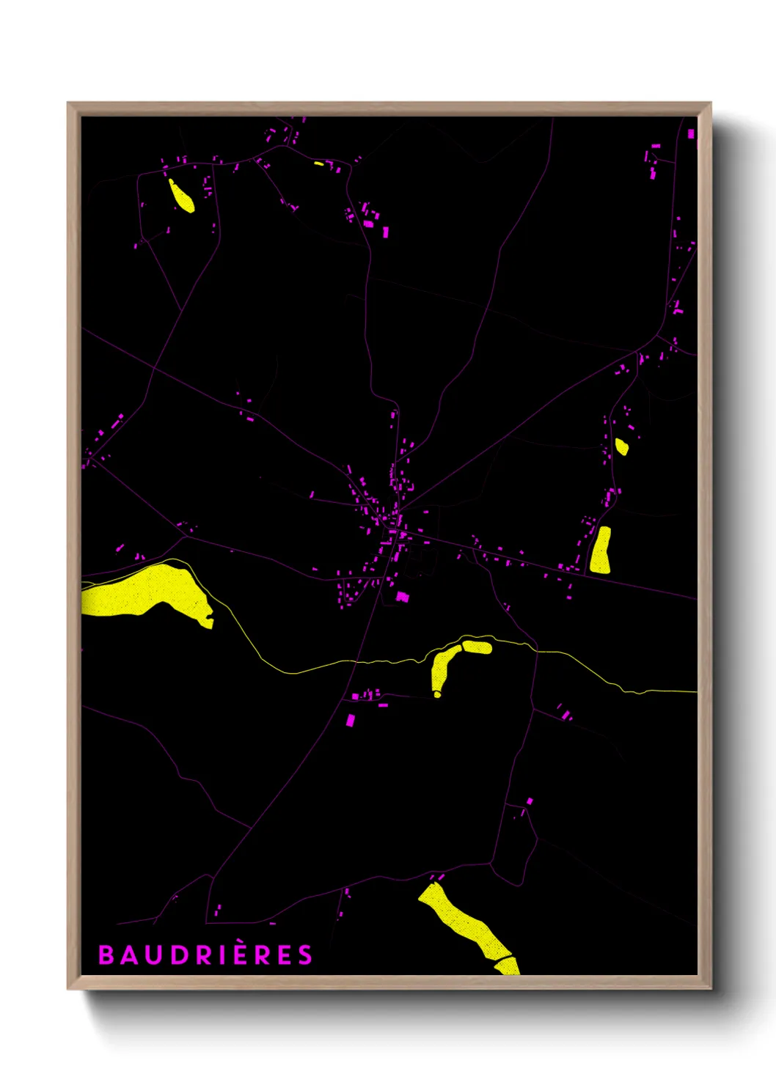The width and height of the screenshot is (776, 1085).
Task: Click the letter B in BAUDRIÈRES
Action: pyautogui.click(x=106, y=955)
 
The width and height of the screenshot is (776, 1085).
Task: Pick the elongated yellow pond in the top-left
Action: pyautogui.click(x=181, y=196)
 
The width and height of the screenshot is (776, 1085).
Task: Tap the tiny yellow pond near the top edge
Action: pyautogui.click(x=319, y=163)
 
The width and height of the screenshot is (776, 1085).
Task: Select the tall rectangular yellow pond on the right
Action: pyautogui.click(x=601, y=550)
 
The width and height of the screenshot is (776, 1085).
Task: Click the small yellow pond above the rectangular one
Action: pyautogui.click(x=621, y=446)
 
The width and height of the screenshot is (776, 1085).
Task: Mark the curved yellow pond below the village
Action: pyautogui.click(x=442, y=667)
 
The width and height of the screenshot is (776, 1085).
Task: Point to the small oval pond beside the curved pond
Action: pyautogui.click(x=477, y=647)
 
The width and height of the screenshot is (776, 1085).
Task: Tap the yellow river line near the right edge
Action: pyautogui.click(x=660, y=691)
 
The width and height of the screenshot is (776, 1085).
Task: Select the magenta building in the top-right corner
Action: pyautogui.click(x=690, y=134)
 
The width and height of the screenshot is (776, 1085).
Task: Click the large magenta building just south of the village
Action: pyautogui.click(x=402, y=597)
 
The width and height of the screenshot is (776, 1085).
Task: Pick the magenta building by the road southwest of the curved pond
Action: pyautogui.click(x=350, y=720)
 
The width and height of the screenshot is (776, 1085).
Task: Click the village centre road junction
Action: pyautogui.click(x=397, y=512)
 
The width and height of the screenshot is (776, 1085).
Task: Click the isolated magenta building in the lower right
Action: pyautogui.click(x=530, y=801)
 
